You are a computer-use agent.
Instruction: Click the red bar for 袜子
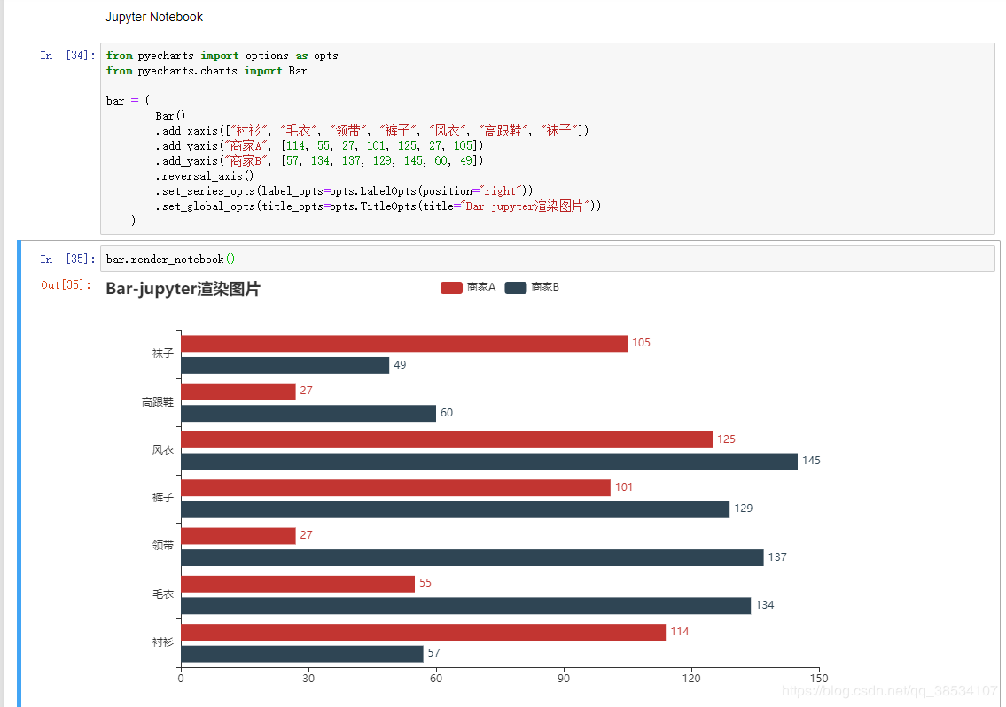point(403,344)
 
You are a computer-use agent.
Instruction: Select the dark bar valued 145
point(488,462)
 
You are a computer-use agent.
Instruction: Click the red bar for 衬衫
point(423,632)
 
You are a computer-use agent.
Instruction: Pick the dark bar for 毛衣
point(465,605)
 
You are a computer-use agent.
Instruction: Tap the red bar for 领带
point(238,536)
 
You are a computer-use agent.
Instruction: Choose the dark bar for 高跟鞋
point(308,414)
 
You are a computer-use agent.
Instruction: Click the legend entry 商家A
point(467,288)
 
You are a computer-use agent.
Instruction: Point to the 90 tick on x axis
point(563,679)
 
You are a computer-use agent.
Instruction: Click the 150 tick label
point(818,679)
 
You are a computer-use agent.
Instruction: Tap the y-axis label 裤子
point(162,498)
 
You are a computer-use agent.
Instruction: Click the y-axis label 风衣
point(162,450)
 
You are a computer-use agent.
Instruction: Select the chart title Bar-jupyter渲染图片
point(183,289)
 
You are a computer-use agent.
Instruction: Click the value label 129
point(743,509)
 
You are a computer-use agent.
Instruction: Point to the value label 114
point(679,632)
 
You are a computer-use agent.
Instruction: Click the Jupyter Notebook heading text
point(153,17)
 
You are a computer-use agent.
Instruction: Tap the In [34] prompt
point(66,56)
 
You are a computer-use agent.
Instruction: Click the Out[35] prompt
point(66,285)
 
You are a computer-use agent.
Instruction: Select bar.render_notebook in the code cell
point(165,260)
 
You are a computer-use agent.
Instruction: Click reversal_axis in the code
point(201,175)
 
